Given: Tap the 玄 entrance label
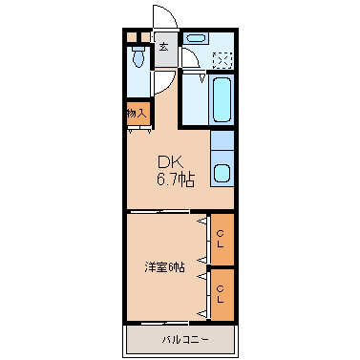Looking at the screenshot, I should coord(165,46).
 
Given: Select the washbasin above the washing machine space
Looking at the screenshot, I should coord(196,39).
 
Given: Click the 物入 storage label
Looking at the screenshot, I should coord(138,113).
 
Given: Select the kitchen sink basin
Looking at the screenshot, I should coord(222,173).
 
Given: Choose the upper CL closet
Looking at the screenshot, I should coord(222,240).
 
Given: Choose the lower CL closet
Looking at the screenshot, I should coord(222,293).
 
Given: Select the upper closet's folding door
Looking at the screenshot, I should coord(204,240).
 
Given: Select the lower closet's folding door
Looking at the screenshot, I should coord(204,293).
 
